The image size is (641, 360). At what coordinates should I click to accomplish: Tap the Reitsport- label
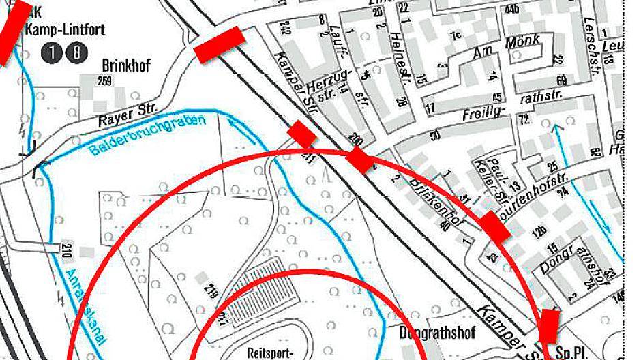(271, 353)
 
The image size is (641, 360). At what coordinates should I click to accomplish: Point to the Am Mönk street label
(506, 48)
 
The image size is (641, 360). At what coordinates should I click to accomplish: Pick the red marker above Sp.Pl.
(549, 325)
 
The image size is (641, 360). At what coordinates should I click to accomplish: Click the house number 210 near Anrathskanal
(67, 250)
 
